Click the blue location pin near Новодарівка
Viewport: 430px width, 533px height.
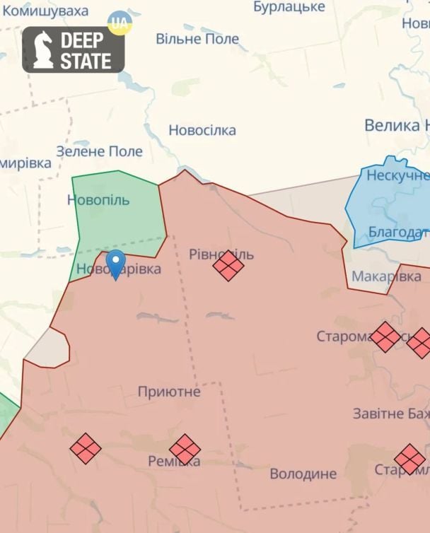(x=115, y=264)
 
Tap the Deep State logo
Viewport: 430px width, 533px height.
(x=74, y=50)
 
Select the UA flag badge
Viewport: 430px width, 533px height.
(x=120, y=23)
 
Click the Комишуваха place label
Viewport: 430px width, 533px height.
(x=46, y=11)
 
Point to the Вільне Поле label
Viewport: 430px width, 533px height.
(x=197, y=38)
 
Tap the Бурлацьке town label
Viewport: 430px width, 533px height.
(x=289, y=7)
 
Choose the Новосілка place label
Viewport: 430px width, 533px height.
(x=202, y=130)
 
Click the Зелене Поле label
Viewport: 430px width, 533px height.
(x=99, y=151)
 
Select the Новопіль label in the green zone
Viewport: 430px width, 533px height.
(x=98, y=200)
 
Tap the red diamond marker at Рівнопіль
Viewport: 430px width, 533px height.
(x=228, y=266)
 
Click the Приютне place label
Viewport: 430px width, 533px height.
(x=169, y=392)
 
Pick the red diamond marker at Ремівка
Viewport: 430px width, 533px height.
(x=185, y=449)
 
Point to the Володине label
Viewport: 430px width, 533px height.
(x=303, y=474)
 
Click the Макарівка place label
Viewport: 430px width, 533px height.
(x=386, y=276)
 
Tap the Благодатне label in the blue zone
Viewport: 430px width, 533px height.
(x=398, y=233)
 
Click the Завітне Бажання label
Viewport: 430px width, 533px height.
(x=391, y=414)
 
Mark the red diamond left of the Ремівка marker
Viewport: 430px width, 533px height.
(x=86, y=448)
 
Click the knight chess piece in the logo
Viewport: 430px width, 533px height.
(x=42, y=50)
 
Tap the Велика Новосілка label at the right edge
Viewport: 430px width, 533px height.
(x=396, y=126)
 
